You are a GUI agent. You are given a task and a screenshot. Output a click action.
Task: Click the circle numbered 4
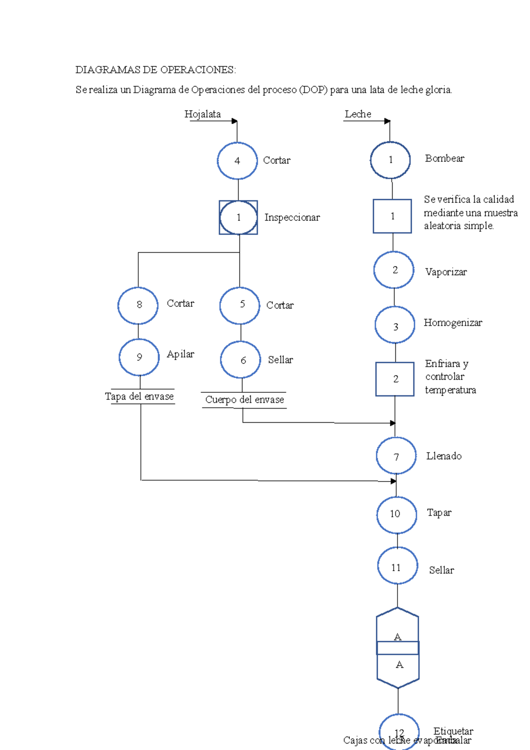237,161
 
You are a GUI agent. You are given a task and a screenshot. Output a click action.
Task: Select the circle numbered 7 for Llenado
396,456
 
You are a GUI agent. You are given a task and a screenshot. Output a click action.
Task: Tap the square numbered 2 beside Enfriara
395,379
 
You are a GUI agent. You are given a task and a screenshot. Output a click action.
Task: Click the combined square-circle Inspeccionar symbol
238,217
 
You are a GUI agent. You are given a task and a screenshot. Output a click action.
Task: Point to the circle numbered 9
139,357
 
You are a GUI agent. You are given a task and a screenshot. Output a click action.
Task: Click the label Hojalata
202,114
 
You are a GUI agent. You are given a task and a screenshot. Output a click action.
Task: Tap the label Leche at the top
358,114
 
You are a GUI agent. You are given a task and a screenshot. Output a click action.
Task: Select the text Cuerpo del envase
244,400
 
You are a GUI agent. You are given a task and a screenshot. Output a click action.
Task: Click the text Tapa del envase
139,397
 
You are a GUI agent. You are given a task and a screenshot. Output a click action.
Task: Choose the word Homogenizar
453,323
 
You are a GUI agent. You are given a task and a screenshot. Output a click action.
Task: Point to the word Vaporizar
446,272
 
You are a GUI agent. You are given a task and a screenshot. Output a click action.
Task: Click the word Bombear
444,159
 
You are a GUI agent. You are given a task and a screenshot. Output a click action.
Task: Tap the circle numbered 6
241,360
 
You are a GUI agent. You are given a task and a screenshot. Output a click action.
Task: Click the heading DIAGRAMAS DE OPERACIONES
155,70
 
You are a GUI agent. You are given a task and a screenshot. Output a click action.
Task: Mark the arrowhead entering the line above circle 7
393,423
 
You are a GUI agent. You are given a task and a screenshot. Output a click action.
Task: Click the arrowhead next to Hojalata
235,121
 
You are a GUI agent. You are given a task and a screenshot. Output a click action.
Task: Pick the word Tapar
439,513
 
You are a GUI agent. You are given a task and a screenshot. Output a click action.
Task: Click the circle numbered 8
138,305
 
